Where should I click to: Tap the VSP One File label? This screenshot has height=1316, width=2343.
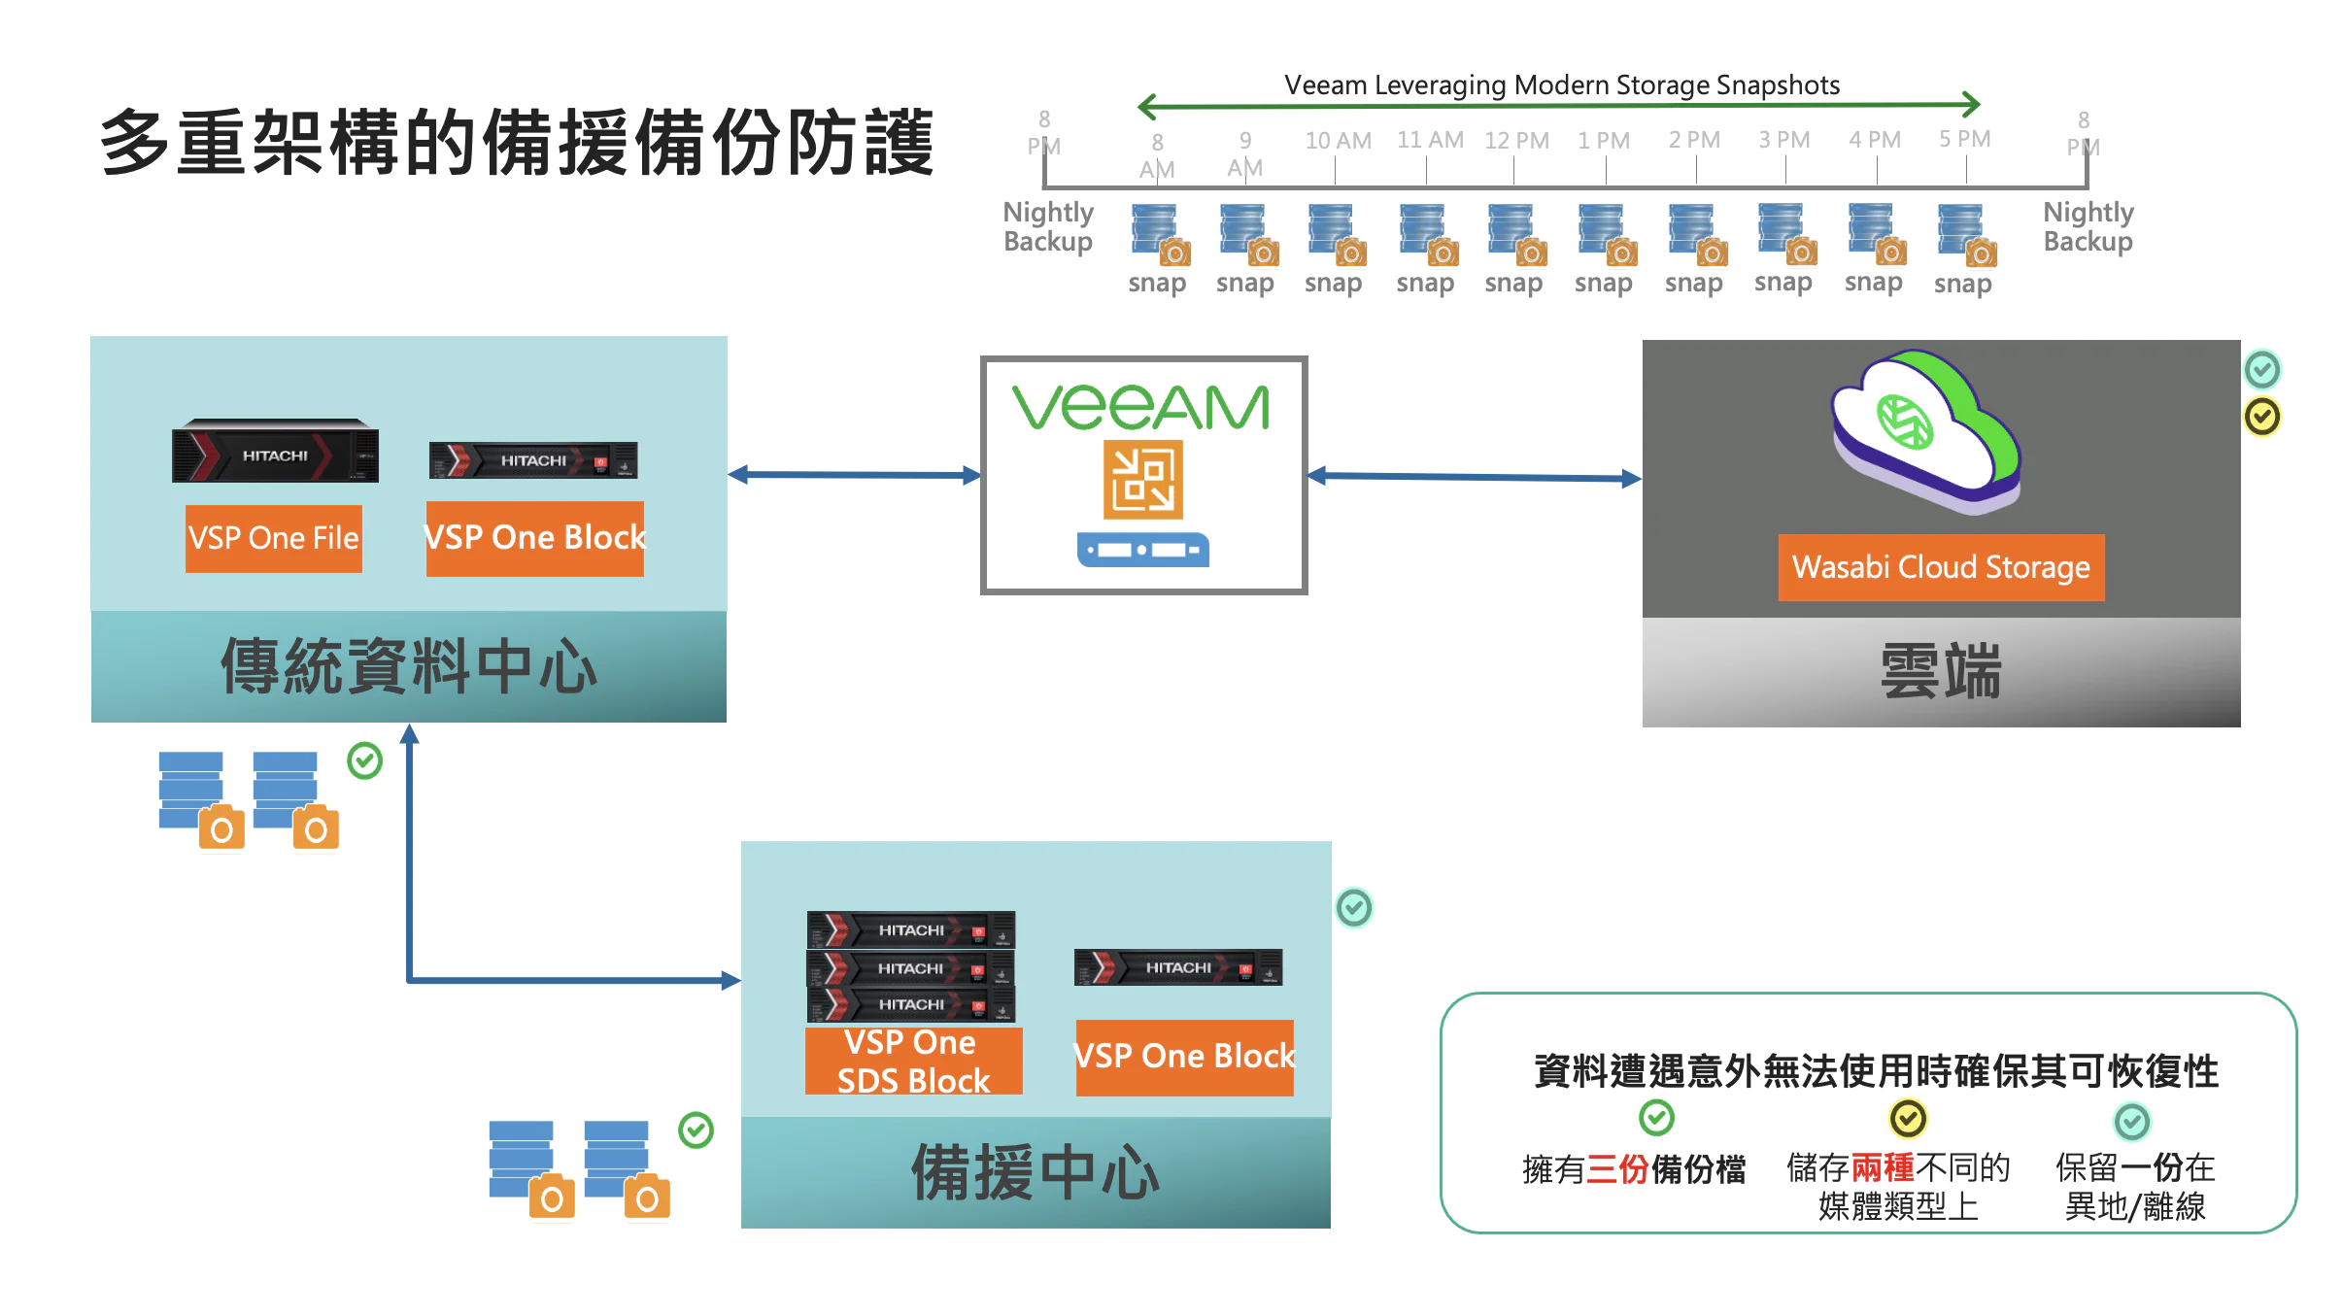coord(273,538)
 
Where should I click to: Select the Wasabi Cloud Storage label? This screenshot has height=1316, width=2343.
coord(1940,567)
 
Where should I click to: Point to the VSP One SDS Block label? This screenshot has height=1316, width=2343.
coord(913,1061)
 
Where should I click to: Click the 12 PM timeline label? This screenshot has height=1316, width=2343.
coord(1515,141)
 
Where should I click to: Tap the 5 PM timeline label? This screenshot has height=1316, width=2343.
coord(1964,139)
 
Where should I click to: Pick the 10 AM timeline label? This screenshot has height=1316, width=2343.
coord(1338,141)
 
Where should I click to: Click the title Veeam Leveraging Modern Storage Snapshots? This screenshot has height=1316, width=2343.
coord(1561,85)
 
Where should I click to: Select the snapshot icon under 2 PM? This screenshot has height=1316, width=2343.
coord(1696,234)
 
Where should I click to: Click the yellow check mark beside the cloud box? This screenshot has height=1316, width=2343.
coord(2261,417)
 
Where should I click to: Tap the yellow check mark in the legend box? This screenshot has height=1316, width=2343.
coord(1908,1119)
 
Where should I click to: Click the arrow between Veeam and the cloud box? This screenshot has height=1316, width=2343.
coord(1474,477)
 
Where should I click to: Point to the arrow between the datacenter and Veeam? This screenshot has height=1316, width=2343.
coord(854,475)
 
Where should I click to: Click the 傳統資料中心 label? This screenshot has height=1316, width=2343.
coord(408,667)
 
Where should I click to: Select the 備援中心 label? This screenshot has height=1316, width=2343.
coord(1035,1172)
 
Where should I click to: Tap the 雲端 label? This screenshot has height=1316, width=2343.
coord(1940,671)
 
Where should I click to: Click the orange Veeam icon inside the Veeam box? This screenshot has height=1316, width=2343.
coord(1142,479)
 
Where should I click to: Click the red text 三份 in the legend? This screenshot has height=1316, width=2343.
coord(1616,1169)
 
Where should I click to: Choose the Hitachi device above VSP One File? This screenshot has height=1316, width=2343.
coord(275,452)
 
